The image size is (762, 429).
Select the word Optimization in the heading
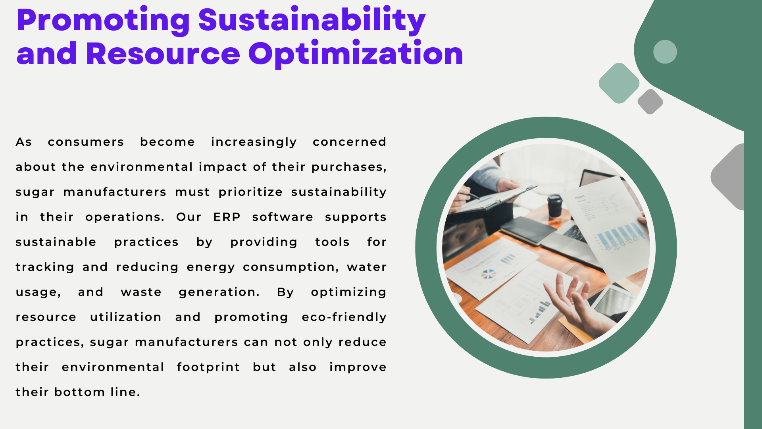coord(356,54)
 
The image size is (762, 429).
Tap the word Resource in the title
coord(163,54)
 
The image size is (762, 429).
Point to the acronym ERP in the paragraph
coord(227,217)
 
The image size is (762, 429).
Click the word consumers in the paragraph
coord(86,142)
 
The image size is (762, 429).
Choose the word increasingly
coord(254,142)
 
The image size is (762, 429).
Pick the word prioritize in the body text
coord(250,192)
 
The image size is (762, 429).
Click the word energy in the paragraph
coord(211,267)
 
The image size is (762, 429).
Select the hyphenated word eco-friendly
coord(344,317)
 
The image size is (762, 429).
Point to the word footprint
coord(208,367)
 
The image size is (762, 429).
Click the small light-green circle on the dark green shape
coord(665,52)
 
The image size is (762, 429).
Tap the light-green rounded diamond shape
coord(619,83)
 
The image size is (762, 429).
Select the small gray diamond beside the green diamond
coord(650,102)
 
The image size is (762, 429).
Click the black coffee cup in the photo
coord(554,205)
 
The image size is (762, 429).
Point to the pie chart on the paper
coord(489,274)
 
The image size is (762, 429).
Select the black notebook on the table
coord(528,230)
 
